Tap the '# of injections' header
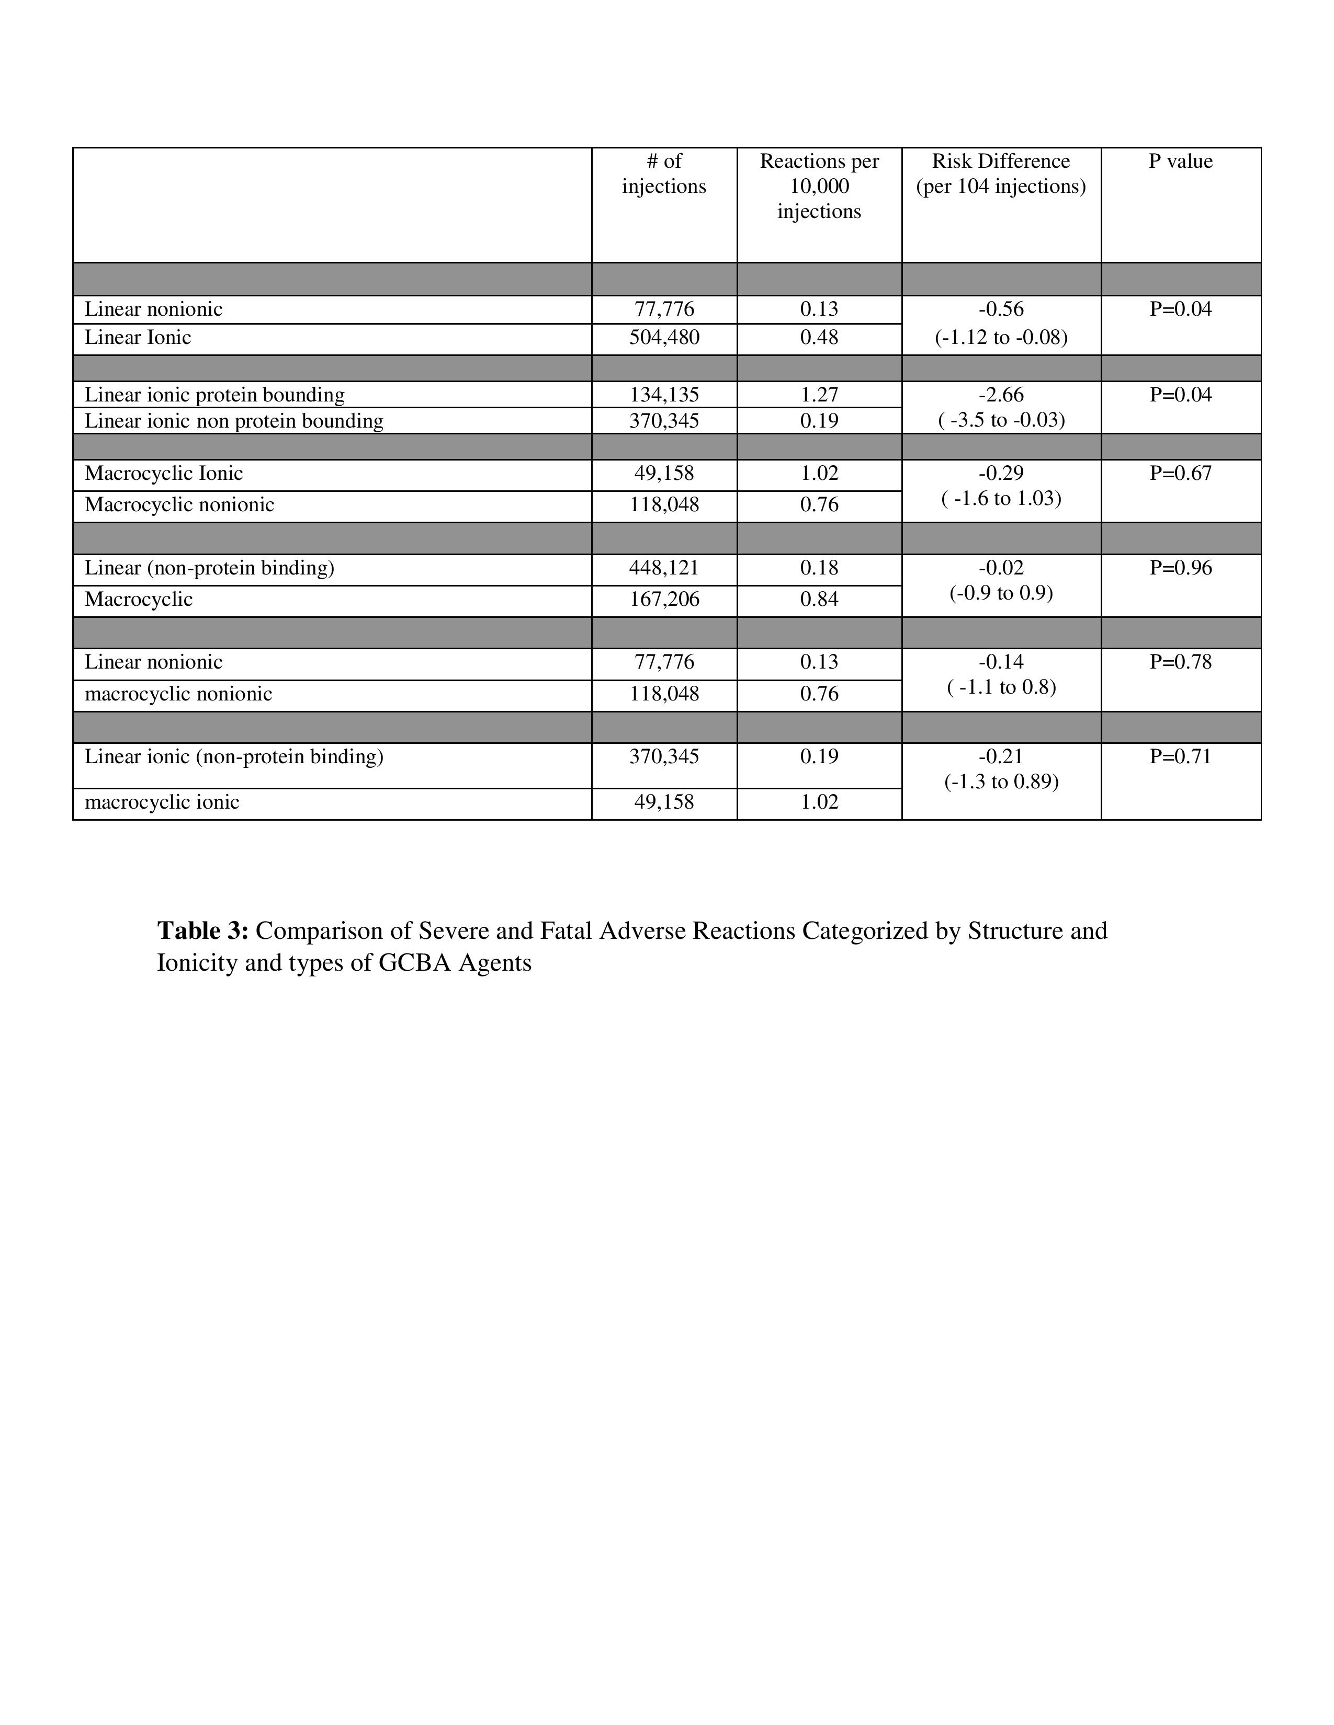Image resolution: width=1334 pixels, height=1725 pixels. (x=664, y=174)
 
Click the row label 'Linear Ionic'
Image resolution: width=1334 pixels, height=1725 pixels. (x=138, y=338)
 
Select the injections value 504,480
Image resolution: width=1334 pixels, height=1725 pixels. (x=664, y=338)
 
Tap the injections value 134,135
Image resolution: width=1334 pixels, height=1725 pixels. (x=664, y=395)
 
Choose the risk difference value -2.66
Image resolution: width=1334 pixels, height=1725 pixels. (x=1000, y=395)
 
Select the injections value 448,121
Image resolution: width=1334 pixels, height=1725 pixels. (x=664, y=568)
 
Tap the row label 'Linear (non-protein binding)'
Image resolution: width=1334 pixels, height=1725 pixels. (x=209, y=568)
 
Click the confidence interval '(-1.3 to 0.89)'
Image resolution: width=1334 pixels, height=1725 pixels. (x=1000, y=782)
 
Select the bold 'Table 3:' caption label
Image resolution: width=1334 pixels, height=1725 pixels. (x=203, y=931)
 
